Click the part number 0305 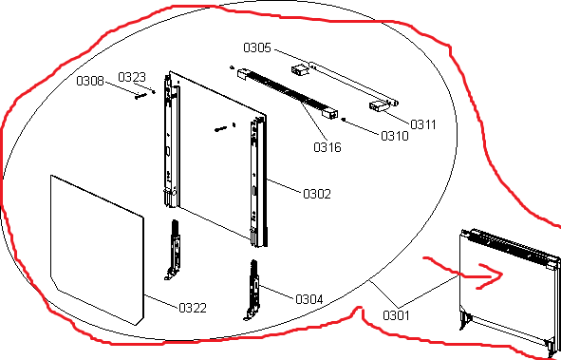click(257, 47)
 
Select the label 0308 click(90, 81)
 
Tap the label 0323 click(132, 77)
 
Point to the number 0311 click(423, 124)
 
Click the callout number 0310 click(395, 136)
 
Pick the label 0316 click(327, 147)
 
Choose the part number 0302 click(317, 194)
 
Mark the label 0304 click(309, 299)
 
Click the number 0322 click(193, 308)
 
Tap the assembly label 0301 click(396, 315)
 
